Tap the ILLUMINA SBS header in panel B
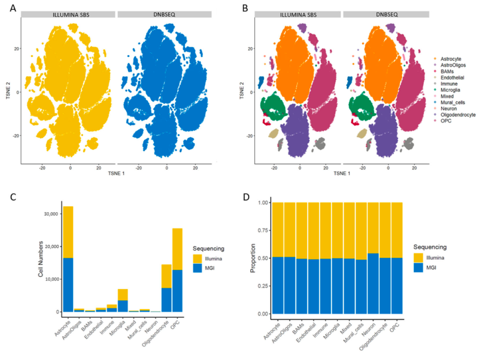pos(298,15)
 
